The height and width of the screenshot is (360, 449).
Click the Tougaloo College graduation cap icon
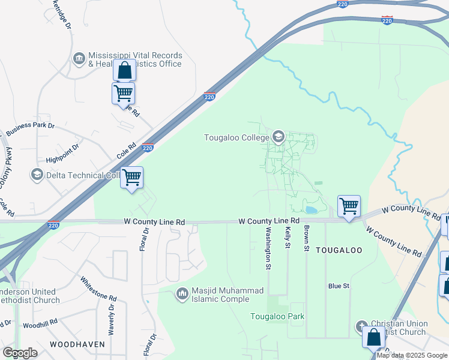click(278, 137)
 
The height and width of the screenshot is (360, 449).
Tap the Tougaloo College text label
click(237, 137)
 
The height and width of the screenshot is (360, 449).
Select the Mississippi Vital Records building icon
click(79, 59)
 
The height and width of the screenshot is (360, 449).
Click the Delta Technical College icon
click(37, 175)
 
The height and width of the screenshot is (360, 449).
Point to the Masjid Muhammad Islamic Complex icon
click(181, 294)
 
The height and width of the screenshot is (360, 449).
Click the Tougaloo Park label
click(277, 316)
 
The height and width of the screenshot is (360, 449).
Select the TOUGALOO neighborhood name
click(339, 250)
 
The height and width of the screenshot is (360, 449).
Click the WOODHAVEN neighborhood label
click(77, 344)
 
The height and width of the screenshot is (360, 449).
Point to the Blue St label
click(339, 286)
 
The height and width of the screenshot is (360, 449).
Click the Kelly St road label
click(288, 237)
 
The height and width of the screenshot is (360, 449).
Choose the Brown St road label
click(306, 238)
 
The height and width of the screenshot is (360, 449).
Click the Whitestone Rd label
click(98, 289)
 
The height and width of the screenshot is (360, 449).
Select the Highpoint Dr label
click(62, 154)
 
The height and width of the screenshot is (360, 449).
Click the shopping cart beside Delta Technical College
click(131, 178)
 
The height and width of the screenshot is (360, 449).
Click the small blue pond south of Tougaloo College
click(311, 210)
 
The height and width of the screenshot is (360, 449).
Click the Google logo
click(19, 353)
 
